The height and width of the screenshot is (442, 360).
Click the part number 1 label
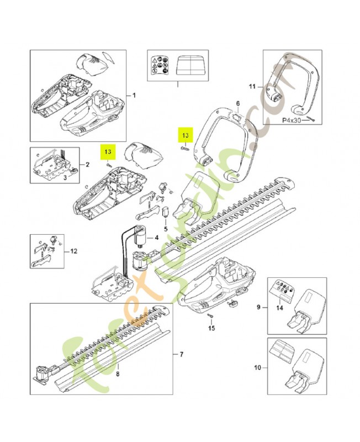click(x=134, y=95)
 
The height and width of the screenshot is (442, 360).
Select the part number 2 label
click(x=87, y=165)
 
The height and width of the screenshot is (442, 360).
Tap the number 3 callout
click(x=65, y=178)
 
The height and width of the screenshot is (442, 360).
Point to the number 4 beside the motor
click(x=157, y=238)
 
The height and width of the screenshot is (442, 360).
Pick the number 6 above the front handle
click(x=237, y=103)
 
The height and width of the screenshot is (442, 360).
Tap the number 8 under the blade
click(x=117, y=373)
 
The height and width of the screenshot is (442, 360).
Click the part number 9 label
click(x=258, y=306)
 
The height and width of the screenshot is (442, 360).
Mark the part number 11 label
click(x=252, y=87)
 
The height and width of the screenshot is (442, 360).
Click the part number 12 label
click(x=75, y=251)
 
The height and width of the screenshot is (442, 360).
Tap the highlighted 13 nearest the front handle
click(x=186, y=135)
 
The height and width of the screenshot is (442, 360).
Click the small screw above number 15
click(x=211, y=315)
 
